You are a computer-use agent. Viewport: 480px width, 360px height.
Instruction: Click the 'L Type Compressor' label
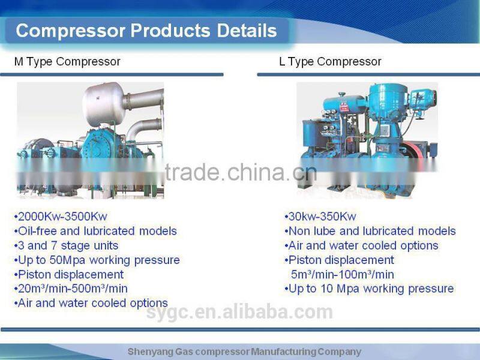point(330,62)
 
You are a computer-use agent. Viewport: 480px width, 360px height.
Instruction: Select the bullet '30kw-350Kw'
point(320,217)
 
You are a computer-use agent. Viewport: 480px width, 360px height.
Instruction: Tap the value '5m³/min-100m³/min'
point(343,274)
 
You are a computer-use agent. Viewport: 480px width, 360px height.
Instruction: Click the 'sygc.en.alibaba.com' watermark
point(240,312)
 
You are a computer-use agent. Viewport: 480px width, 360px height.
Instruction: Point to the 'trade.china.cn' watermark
point(240,173)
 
